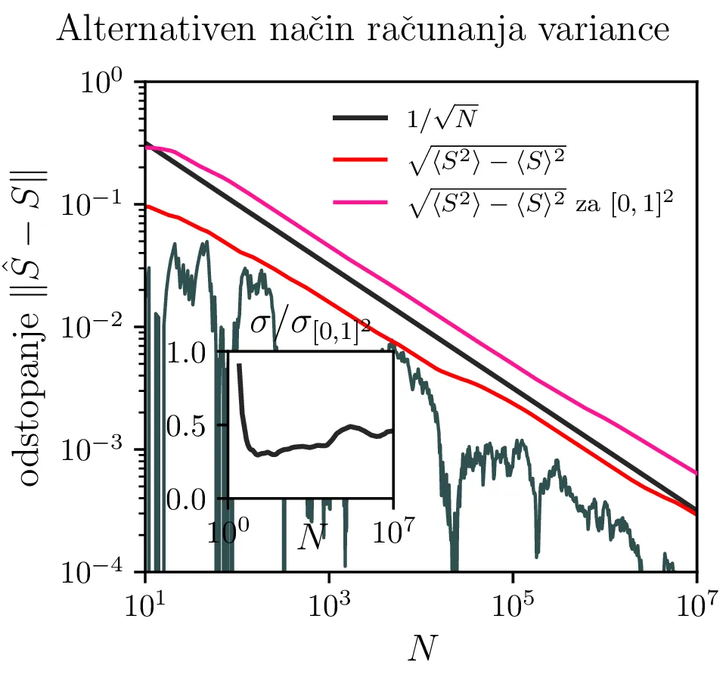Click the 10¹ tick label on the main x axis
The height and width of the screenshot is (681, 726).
(x=144, y=606)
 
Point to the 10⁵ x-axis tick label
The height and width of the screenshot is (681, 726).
(x=513, y=606)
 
